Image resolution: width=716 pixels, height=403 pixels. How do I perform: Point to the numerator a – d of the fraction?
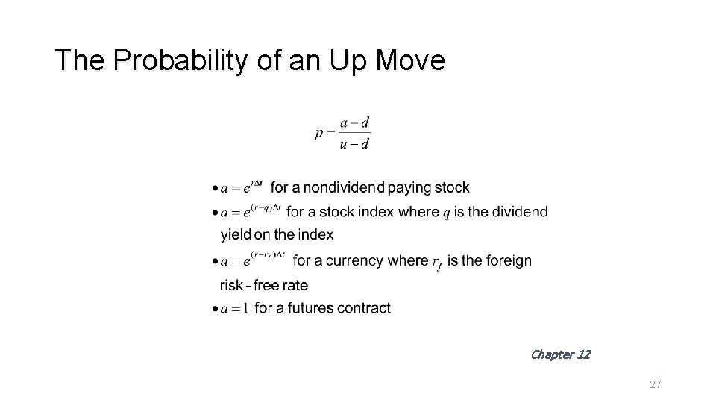tap(354, 123)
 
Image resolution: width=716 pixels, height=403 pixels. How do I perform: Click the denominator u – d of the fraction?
tap(354, 144)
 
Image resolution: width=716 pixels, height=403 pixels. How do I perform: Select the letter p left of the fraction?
tap(320, 133)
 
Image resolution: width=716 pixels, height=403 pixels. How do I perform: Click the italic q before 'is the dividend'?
tap(446, 213)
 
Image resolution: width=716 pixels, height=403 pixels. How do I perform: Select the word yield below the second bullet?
tap(236, 235)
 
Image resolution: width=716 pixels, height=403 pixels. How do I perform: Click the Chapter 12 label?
tap(560, 354)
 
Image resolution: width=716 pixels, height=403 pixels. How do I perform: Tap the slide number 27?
tap(656, 384)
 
